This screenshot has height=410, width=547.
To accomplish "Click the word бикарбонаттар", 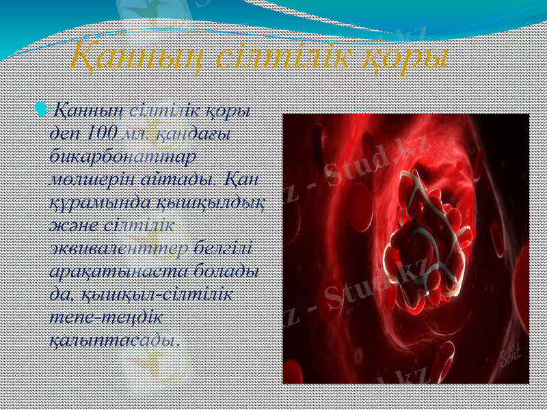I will (123, 155).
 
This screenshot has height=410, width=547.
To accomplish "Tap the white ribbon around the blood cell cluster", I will (438, 205).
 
